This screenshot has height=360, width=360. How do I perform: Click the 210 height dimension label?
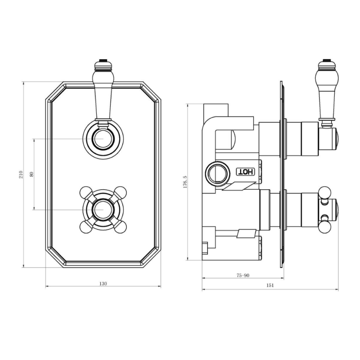click(x=20, y=175)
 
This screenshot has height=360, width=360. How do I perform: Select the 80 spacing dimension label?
click(x=32, y=174)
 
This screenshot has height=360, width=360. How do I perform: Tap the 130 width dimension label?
click(x=103, y=284)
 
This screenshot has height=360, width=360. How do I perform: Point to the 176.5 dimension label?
click(x=185, y=182)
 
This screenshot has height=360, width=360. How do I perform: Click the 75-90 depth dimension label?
click(x=243, y=275)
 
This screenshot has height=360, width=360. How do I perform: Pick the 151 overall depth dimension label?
click(x=270, y=285)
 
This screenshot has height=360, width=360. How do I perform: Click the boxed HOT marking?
click(x=246, y=172)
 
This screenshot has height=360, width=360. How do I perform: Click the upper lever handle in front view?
click(x=103, y=96)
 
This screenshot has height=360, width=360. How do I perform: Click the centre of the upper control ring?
click(x=103, y=139)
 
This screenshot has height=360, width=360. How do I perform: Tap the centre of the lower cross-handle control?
click(x=103, y=209)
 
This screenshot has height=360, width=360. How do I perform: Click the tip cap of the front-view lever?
click(x=103, y=63)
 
